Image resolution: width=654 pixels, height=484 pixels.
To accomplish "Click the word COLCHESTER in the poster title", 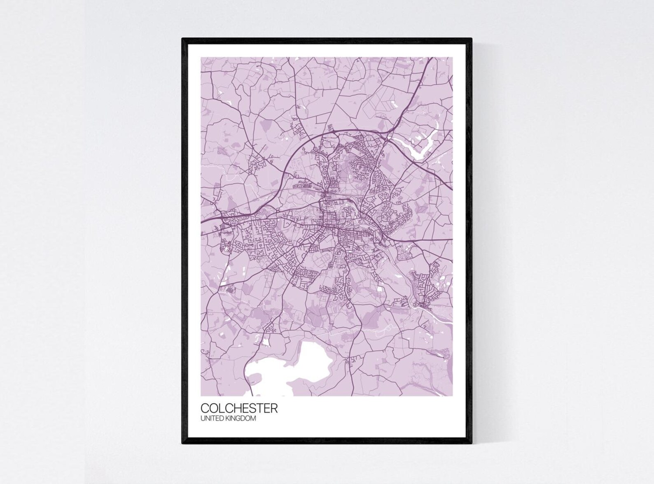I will tap(239, 408).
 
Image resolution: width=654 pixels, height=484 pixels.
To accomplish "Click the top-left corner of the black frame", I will tap(182, 38).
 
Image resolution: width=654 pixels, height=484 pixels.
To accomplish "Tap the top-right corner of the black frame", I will tap(472, 38).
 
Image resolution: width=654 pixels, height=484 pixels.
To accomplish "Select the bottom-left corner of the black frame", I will tap(182, 444).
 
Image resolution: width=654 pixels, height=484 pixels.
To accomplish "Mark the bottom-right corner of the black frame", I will tap(472, 444).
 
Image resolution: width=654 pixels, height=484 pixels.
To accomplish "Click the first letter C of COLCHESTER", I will tap(205, 408).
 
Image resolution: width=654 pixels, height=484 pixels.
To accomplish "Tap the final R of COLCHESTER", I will tap(273, 408).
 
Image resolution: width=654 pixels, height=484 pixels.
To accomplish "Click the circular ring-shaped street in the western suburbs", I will tap(226, 248).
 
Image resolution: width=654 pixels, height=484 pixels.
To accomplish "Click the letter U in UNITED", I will tap(203, 419).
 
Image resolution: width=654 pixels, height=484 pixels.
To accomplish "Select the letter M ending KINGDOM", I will tap(253, 419).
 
